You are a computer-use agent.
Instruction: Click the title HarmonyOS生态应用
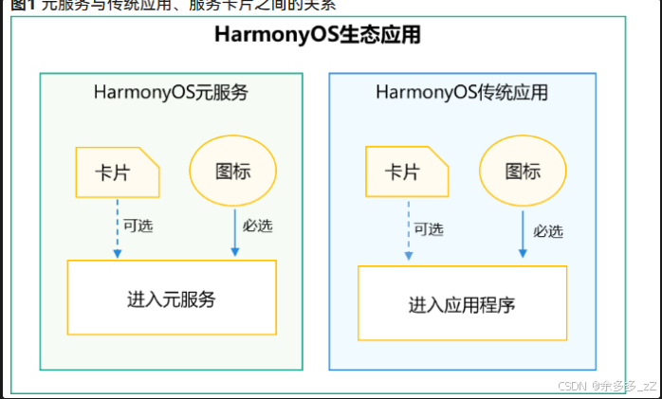pos(318,37)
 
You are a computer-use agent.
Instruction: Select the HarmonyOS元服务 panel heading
pos(171,92)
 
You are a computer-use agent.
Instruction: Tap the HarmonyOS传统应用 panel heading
pos(461,93)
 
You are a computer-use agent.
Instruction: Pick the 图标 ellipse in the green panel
pos(232,172)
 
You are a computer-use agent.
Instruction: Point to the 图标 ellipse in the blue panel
pos(523,172)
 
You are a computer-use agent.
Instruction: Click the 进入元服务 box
pos(172,298)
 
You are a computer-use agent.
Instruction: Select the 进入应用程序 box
pos(462,303)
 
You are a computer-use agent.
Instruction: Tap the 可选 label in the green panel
pos(138,227)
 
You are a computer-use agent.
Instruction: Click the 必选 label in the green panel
pos(257,227)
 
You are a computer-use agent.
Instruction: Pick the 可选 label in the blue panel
pos(428,229)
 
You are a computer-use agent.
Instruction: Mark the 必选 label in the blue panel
pos(547,230)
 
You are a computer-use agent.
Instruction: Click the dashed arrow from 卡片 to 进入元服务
pos(117,227)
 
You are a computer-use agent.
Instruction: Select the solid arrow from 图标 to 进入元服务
pos(234,232)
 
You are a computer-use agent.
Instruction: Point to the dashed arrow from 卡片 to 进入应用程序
pos(407,230)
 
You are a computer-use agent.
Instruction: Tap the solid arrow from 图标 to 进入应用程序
pos(523,234)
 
